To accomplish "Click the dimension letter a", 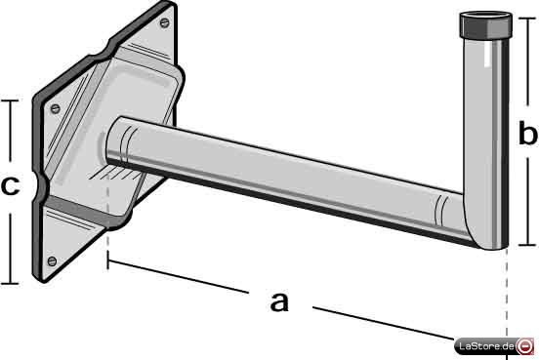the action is [279, 301].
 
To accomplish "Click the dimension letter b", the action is [527, 132].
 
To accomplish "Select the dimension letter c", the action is [10, 185].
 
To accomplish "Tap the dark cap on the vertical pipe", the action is [485, 25].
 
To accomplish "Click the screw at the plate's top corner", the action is [165, 23].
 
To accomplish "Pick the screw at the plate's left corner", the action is [55, 109].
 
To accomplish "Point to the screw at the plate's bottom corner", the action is [52, 261].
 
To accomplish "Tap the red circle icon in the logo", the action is [525, 346].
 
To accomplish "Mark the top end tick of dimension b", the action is [527, 18].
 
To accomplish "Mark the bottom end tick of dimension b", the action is [527, 245].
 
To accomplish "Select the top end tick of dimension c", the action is [10, 100].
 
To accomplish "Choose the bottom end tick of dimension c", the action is [10, 284].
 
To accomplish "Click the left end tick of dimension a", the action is [108, 260].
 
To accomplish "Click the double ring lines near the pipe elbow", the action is [441, 210].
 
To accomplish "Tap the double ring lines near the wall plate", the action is [126, 144].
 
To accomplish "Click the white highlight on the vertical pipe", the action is [488, 55].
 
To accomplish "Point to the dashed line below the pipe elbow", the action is [507, 299].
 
